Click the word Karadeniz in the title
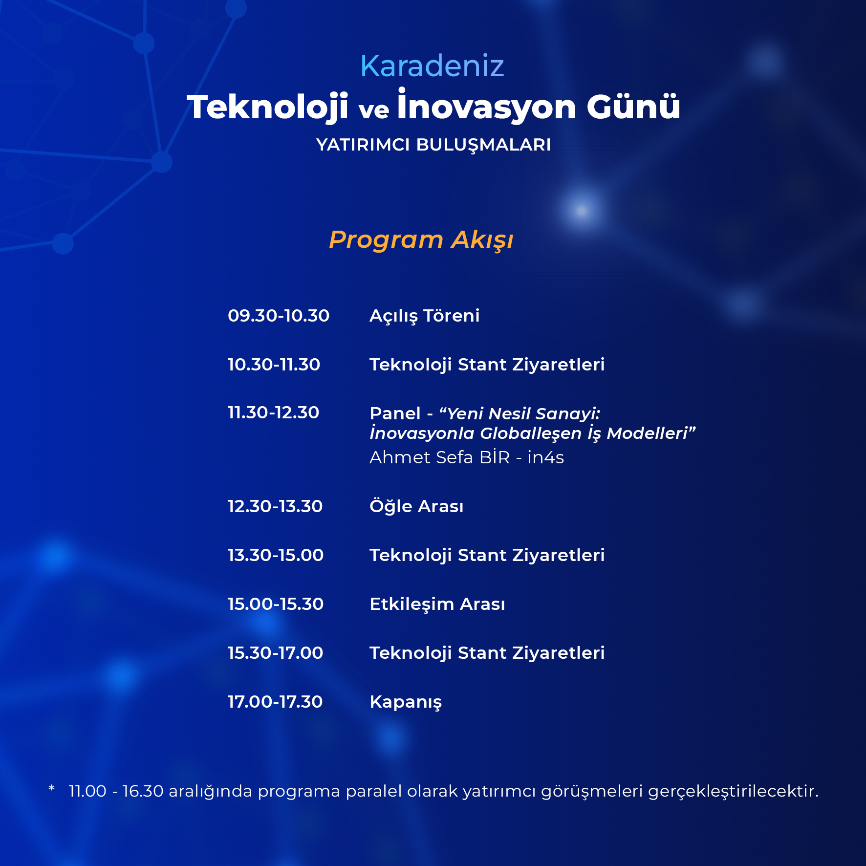(432, 66)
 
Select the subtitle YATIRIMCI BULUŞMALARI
(433, 145)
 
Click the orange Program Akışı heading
(421, 240)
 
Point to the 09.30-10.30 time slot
(279, 316)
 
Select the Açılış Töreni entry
(424, 316)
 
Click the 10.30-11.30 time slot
(274, 365)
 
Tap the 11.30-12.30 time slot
(273, 412)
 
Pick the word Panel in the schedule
(395, 413)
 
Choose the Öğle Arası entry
(416, 506)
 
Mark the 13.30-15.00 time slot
(276, 555)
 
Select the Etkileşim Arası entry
(437, 605)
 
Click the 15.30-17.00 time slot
(275, 653)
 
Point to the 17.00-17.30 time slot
(275, 702)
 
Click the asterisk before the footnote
(52, 788)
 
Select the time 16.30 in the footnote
(143, 791)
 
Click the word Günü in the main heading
(633, 106)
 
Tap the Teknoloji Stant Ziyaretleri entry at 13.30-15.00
(487, 556)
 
